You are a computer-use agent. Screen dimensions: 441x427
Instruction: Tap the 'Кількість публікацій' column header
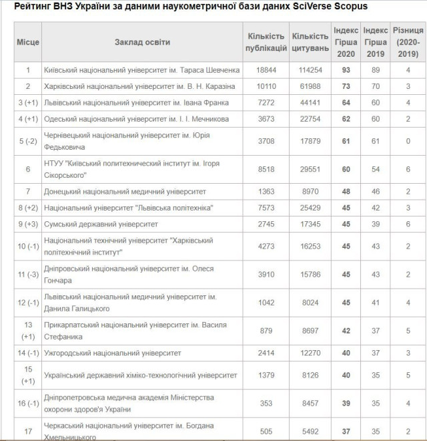[266, 42]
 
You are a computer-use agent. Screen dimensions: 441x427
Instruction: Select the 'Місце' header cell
[27, 42]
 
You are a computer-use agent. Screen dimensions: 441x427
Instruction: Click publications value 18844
[266, 70]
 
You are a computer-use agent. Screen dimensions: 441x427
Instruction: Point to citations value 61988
[310, 86]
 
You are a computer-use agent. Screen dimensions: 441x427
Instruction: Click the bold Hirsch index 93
[346, 70]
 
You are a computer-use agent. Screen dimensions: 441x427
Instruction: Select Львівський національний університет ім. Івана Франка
[135, 103]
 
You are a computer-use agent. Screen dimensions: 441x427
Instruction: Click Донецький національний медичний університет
[124, 192]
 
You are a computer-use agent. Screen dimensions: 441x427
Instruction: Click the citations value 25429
[310, 208]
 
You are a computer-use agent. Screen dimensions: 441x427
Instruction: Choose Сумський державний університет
[100, 225]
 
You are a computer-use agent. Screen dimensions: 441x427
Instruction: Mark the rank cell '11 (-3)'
[27, 275]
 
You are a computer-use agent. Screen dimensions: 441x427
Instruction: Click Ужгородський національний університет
[112, 353]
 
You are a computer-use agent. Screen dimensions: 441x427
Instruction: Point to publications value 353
[266, 403]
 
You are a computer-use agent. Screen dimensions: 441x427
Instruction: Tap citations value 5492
[310, 431]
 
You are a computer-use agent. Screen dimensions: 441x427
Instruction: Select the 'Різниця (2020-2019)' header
[407, 42]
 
